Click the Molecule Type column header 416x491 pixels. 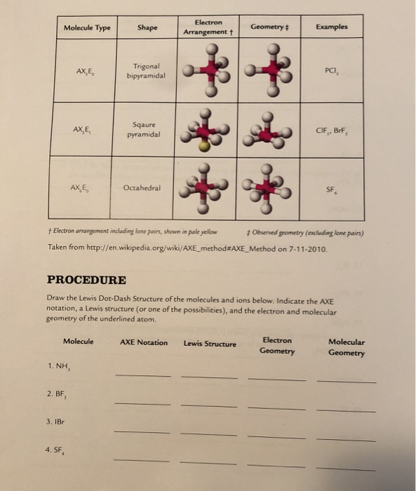click(87, 28)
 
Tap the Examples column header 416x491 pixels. click(331, 27)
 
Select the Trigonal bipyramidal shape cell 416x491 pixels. click(147, 70)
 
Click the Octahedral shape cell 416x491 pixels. click(142, 188)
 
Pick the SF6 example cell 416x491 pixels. click(332, 190)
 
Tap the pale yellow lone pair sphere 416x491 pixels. click(203, 147)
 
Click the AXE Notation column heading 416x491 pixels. click(144, 342)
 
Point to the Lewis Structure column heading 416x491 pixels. click(210, 344)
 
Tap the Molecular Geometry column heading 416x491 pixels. click(346, 347)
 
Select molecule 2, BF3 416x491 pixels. click(58, 394)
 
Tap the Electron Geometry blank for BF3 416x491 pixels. click(276, 407)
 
